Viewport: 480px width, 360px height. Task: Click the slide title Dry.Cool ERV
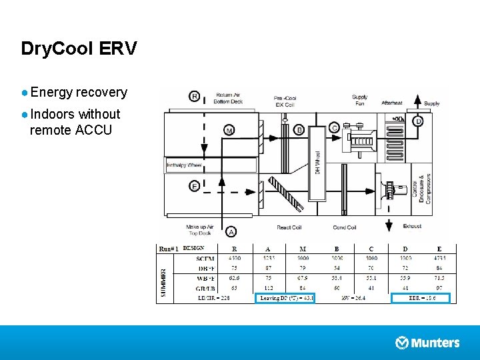pos(79,49)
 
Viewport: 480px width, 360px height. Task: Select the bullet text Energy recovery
pos(78,92)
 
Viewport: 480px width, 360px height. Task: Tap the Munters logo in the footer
pos(427,343)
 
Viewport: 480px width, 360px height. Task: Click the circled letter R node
pos(195,97)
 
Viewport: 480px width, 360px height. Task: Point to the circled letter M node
pos(229,129)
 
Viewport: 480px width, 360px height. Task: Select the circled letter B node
pos(299,129)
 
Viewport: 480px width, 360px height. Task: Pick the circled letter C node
pos(334,128)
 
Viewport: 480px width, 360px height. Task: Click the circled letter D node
pos(418,121)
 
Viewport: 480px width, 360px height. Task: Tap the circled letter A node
pos(231,231)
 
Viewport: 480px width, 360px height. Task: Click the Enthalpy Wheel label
pos(185,165)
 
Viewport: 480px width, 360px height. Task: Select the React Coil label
pos(289,227)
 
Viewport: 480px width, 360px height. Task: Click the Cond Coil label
pos(344,227)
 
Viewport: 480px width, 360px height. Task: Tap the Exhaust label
pos(412,226)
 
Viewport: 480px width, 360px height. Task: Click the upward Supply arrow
pos(417,100)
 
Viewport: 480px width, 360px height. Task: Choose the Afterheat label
pos(391,103)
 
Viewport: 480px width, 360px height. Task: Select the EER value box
pos(421,298)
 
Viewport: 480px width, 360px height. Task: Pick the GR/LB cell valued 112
pos(267,288)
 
